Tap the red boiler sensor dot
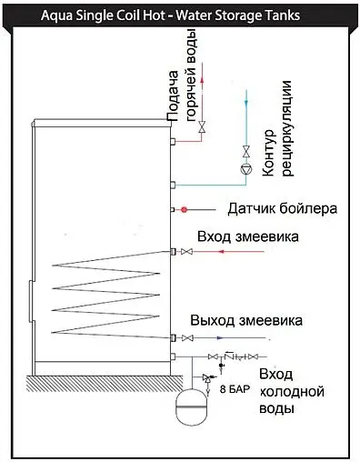click(x=184, y=209)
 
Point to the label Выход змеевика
click(x=245, y=321)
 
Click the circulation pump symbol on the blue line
click(x=245, y=168)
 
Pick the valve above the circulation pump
click(x=245, y=150)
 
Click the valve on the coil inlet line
click(x=187, y=251)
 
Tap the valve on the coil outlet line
click(x=187, y=338)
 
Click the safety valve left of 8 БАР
click(x=210, y=371)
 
